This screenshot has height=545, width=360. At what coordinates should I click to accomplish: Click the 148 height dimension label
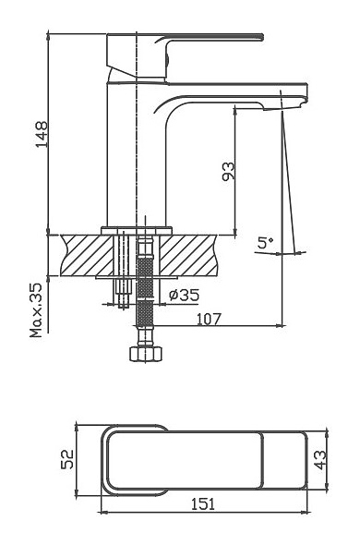tap(42, 134)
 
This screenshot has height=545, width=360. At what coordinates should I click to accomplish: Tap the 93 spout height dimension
tap(228, 172)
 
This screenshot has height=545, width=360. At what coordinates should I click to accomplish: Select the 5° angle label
tap(265, 242)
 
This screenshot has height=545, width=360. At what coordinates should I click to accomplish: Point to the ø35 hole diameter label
tap(185, 295)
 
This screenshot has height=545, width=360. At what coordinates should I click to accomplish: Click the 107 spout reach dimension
tap(209, 319)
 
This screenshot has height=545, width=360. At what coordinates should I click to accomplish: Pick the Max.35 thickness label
tap(36, 310)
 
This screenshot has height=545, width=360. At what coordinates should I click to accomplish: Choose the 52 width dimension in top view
tap(67, 459)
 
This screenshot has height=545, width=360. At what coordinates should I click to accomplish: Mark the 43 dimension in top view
tap(320, 460)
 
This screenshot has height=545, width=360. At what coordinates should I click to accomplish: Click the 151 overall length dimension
tap(203, 504)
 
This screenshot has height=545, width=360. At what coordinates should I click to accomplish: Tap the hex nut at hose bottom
tap(146, 354)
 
